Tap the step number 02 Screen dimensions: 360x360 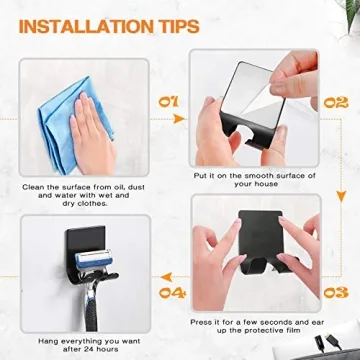pyautogui.click(x=336, y=101)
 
